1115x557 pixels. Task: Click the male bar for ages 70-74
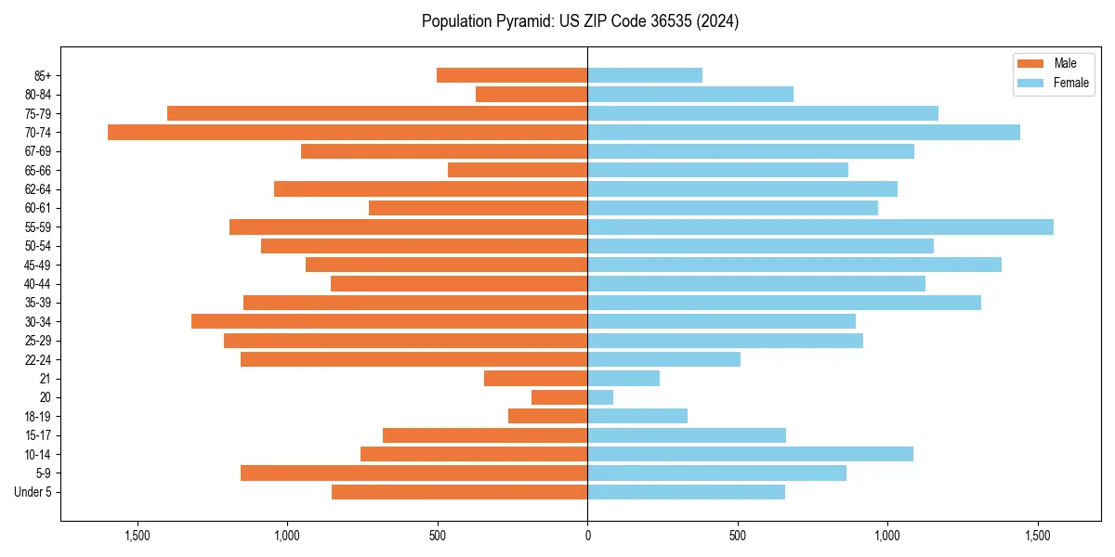pyautogui.click(x=348, y=133)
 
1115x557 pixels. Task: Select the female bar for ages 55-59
pyautogui.click(x=820, y=227)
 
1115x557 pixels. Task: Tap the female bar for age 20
pyautogui.click(x=600, y=397)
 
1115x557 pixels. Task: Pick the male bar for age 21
pyautogui.click(x=536, y=379)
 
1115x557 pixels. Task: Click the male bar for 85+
pyautogui.click(x=512, y=75)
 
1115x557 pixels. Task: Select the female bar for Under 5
pyautogui.click(x=687, y=492)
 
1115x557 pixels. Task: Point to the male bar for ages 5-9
pyautogui.click(x=413, y=473)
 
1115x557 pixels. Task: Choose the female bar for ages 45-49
pyautogui.click(x=794, y=265)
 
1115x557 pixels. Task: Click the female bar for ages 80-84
pyautogui.click(x=690, y=95)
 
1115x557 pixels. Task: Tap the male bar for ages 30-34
pyautogui.click(x=389, y=322)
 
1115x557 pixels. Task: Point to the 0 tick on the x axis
pyautogui.click(x=587, y=536)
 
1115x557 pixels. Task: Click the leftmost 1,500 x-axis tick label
pyautogui.click(x=137, y=536)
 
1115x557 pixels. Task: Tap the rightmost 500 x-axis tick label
pyautogui.click(x=738, y=536)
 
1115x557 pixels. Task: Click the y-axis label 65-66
pyautogui.click(x=38, y=171)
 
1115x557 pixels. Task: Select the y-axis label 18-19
pyautogui.click(x=38, y=417)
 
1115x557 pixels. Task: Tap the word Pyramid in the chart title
pyautogui.click(x=520, y=21)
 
